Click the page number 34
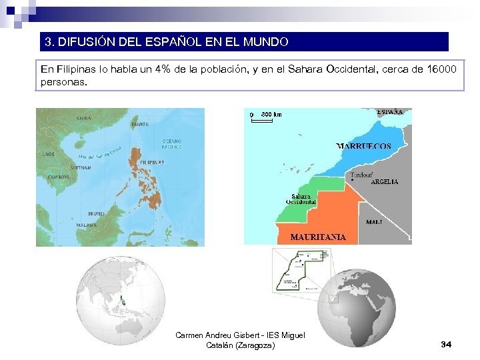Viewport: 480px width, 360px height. point(447,344)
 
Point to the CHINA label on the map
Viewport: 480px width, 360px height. point(84,118)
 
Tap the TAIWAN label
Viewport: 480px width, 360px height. point(139,125)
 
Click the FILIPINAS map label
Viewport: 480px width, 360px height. point(152,162)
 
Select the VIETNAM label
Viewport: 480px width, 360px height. point(79,168)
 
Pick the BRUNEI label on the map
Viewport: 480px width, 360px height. point(96,213)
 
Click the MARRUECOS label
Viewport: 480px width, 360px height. point(363,146)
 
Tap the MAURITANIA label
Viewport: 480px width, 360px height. point(318,237)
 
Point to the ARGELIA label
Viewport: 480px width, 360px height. point(384,181)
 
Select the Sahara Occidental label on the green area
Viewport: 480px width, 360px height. point(300,199)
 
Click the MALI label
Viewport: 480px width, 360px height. point(374,222)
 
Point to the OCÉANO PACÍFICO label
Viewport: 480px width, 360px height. point(171,143)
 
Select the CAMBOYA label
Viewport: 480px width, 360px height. point(59,177)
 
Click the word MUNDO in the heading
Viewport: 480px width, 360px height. point(265,42)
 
